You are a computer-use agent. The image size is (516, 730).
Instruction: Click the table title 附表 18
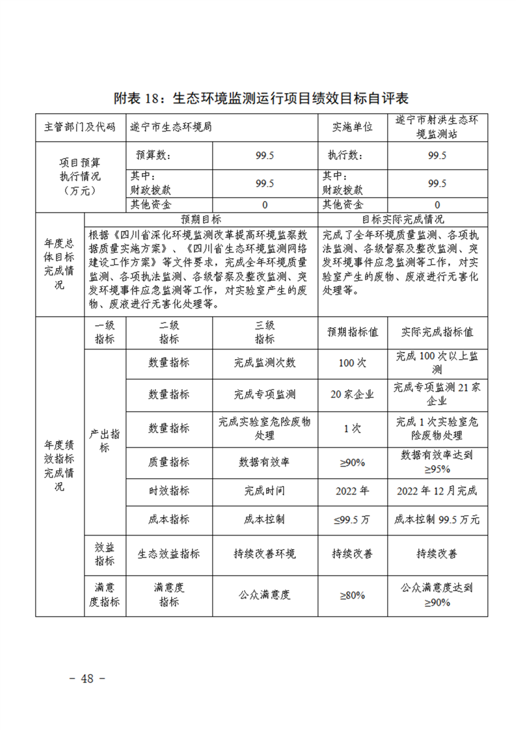point(260,99)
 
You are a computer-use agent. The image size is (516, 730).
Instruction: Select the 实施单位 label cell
point(352,127)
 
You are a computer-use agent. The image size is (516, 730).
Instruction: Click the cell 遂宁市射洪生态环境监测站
point(437,127)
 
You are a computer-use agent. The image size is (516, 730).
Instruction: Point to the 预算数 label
point(152,155)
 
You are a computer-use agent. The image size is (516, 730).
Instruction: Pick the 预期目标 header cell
point(200,219)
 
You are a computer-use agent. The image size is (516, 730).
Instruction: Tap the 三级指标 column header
point(264,332)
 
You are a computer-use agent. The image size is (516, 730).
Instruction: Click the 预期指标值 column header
point(352,332)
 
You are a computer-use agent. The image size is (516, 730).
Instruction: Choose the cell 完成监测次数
point(264,362)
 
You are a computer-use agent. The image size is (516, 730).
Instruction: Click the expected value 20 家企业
point(352,394)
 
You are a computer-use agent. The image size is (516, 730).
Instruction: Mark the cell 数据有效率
point(264,462)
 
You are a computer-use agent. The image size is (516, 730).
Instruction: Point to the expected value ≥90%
point(352,462)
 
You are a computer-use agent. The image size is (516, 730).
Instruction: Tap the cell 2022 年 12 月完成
point(437,491)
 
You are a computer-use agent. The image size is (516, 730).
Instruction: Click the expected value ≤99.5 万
point(352,519)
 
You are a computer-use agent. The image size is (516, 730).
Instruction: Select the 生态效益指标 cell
point(169,554)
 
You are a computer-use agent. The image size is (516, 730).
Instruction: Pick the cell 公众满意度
point(264,595)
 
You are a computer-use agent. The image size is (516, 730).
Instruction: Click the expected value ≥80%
point(352,595)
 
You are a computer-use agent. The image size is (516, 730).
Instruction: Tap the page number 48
point(87,678)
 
